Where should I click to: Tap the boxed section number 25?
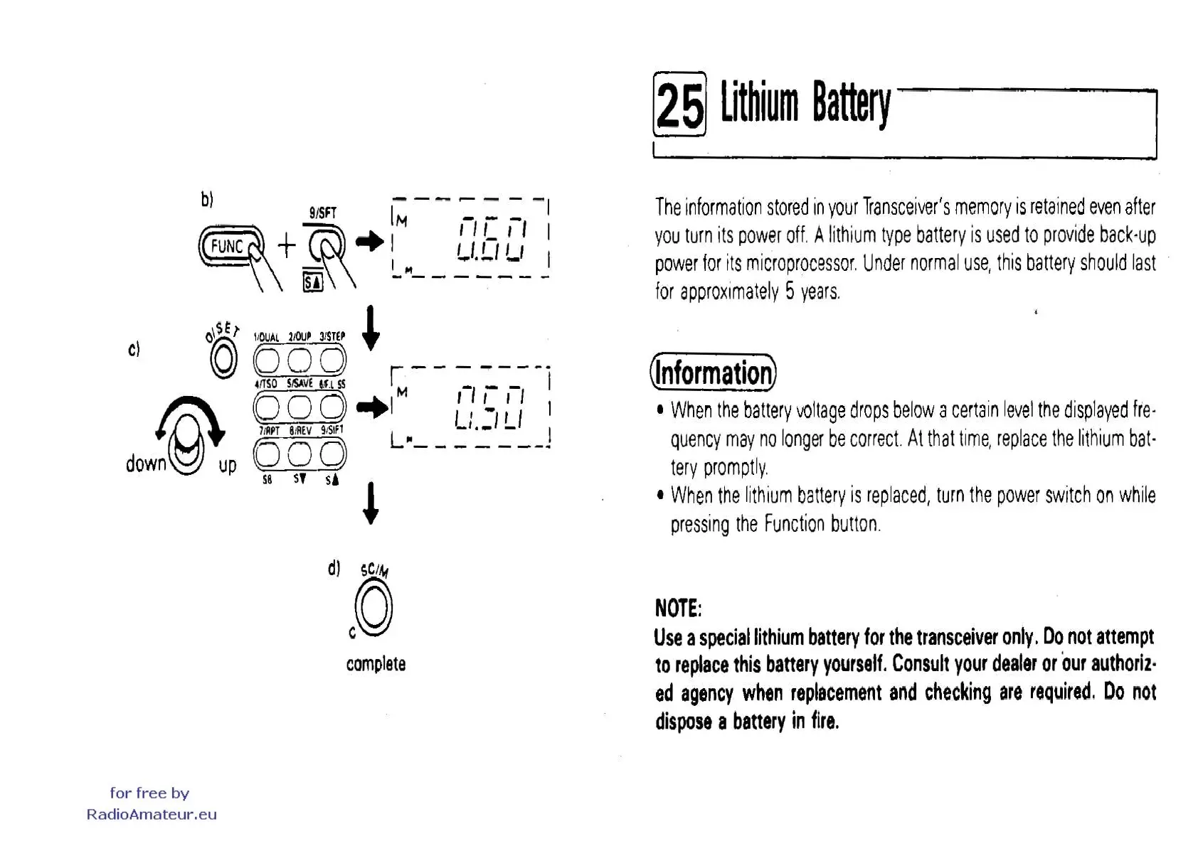point(679,105)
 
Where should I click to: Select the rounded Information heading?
point(713,373)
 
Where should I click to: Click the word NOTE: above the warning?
point(678,609)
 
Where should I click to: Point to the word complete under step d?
point(376,664)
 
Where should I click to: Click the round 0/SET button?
point(223,359)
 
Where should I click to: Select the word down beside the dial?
point(146,464)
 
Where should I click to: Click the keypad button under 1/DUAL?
point(267,360)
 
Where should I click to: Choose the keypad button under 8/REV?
point(299,454)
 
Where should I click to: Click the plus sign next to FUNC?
point(287,246)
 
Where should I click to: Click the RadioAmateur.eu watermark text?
point(152,815)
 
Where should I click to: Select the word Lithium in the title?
point(758,103)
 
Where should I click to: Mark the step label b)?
point(207,199)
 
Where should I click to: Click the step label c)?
point(134,349)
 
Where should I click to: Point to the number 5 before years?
point(790,291)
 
